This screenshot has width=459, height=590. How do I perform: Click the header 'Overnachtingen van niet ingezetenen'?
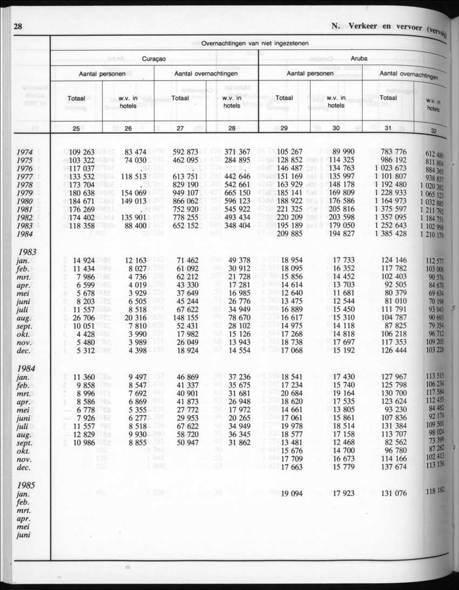click(x=255, y=43)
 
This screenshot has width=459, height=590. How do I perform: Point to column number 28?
click(x=233, y=128)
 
